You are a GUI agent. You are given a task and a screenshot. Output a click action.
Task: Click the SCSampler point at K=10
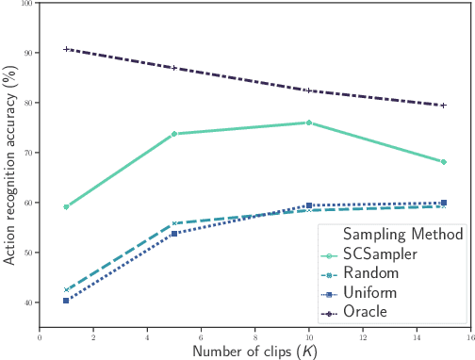click(x=309, y=123)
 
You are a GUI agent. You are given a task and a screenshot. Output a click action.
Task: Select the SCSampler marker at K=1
click(x=66, y=206)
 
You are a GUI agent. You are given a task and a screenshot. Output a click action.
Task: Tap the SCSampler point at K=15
click(x=444, y=162)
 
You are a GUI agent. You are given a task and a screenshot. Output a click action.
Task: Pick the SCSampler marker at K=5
click(x=174, y=134)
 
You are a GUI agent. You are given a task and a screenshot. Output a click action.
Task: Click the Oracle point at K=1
click(x=66, y=49)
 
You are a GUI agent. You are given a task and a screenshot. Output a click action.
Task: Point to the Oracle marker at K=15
click(x=444, y=105)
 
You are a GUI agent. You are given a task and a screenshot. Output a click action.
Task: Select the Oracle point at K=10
click(x=309, y=90)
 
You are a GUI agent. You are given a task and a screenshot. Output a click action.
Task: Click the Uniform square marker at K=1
click(x=66, y=301)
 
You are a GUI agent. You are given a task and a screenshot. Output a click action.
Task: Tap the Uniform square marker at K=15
click(x=444, y=203)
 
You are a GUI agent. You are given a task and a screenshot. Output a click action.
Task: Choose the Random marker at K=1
click(x=66, y=290)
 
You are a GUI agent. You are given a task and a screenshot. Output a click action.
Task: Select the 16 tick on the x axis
click(x=470, y=336)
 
